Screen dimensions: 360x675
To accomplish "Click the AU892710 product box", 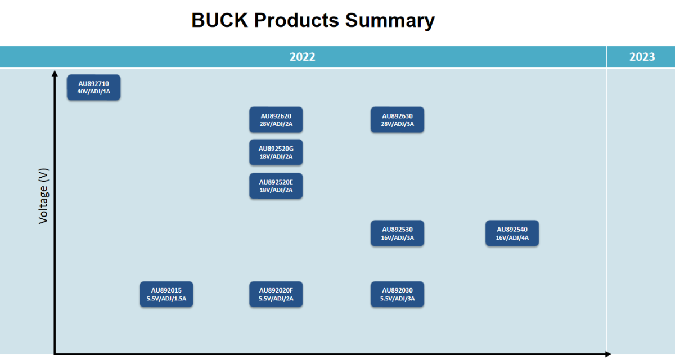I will click(93, 87).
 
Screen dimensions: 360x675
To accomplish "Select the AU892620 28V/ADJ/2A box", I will click(276, 120).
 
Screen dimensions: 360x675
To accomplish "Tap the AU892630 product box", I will click(397, 120).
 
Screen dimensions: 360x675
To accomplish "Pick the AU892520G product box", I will click(276, 152).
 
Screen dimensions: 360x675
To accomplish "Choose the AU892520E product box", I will click(276, 186).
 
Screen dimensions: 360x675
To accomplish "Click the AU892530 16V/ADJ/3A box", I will click(397, 233).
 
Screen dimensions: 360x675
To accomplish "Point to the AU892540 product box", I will click(512, 233).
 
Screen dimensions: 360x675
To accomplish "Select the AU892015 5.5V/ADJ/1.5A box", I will click(166, 294).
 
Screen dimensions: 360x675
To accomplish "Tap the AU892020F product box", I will click(276, 294).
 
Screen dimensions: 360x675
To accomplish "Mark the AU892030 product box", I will click(397, 294).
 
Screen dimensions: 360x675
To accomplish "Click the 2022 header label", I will click(303, 57).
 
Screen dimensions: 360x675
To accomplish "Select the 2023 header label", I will click(642, 57).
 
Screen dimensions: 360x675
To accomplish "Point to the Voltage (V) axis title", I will click(43, 196).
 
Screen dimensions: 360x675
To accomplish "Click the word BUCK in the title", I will click(220, 20).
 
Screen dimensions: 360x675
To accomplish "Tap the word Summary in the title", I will click(390, 20).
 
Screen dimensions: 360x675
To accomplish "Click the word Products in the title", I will click(296, 20).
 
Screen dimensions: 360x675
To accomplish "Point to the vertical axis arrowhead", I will click(55, 74).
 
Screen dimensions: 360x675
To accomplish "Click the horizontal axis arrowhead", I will click(607, 354).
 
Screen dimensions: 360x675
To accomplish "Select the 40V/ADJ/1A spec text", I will click(93, 91).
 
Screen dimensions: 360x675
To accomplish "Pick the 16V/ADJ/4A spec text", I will click(512, 238).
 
